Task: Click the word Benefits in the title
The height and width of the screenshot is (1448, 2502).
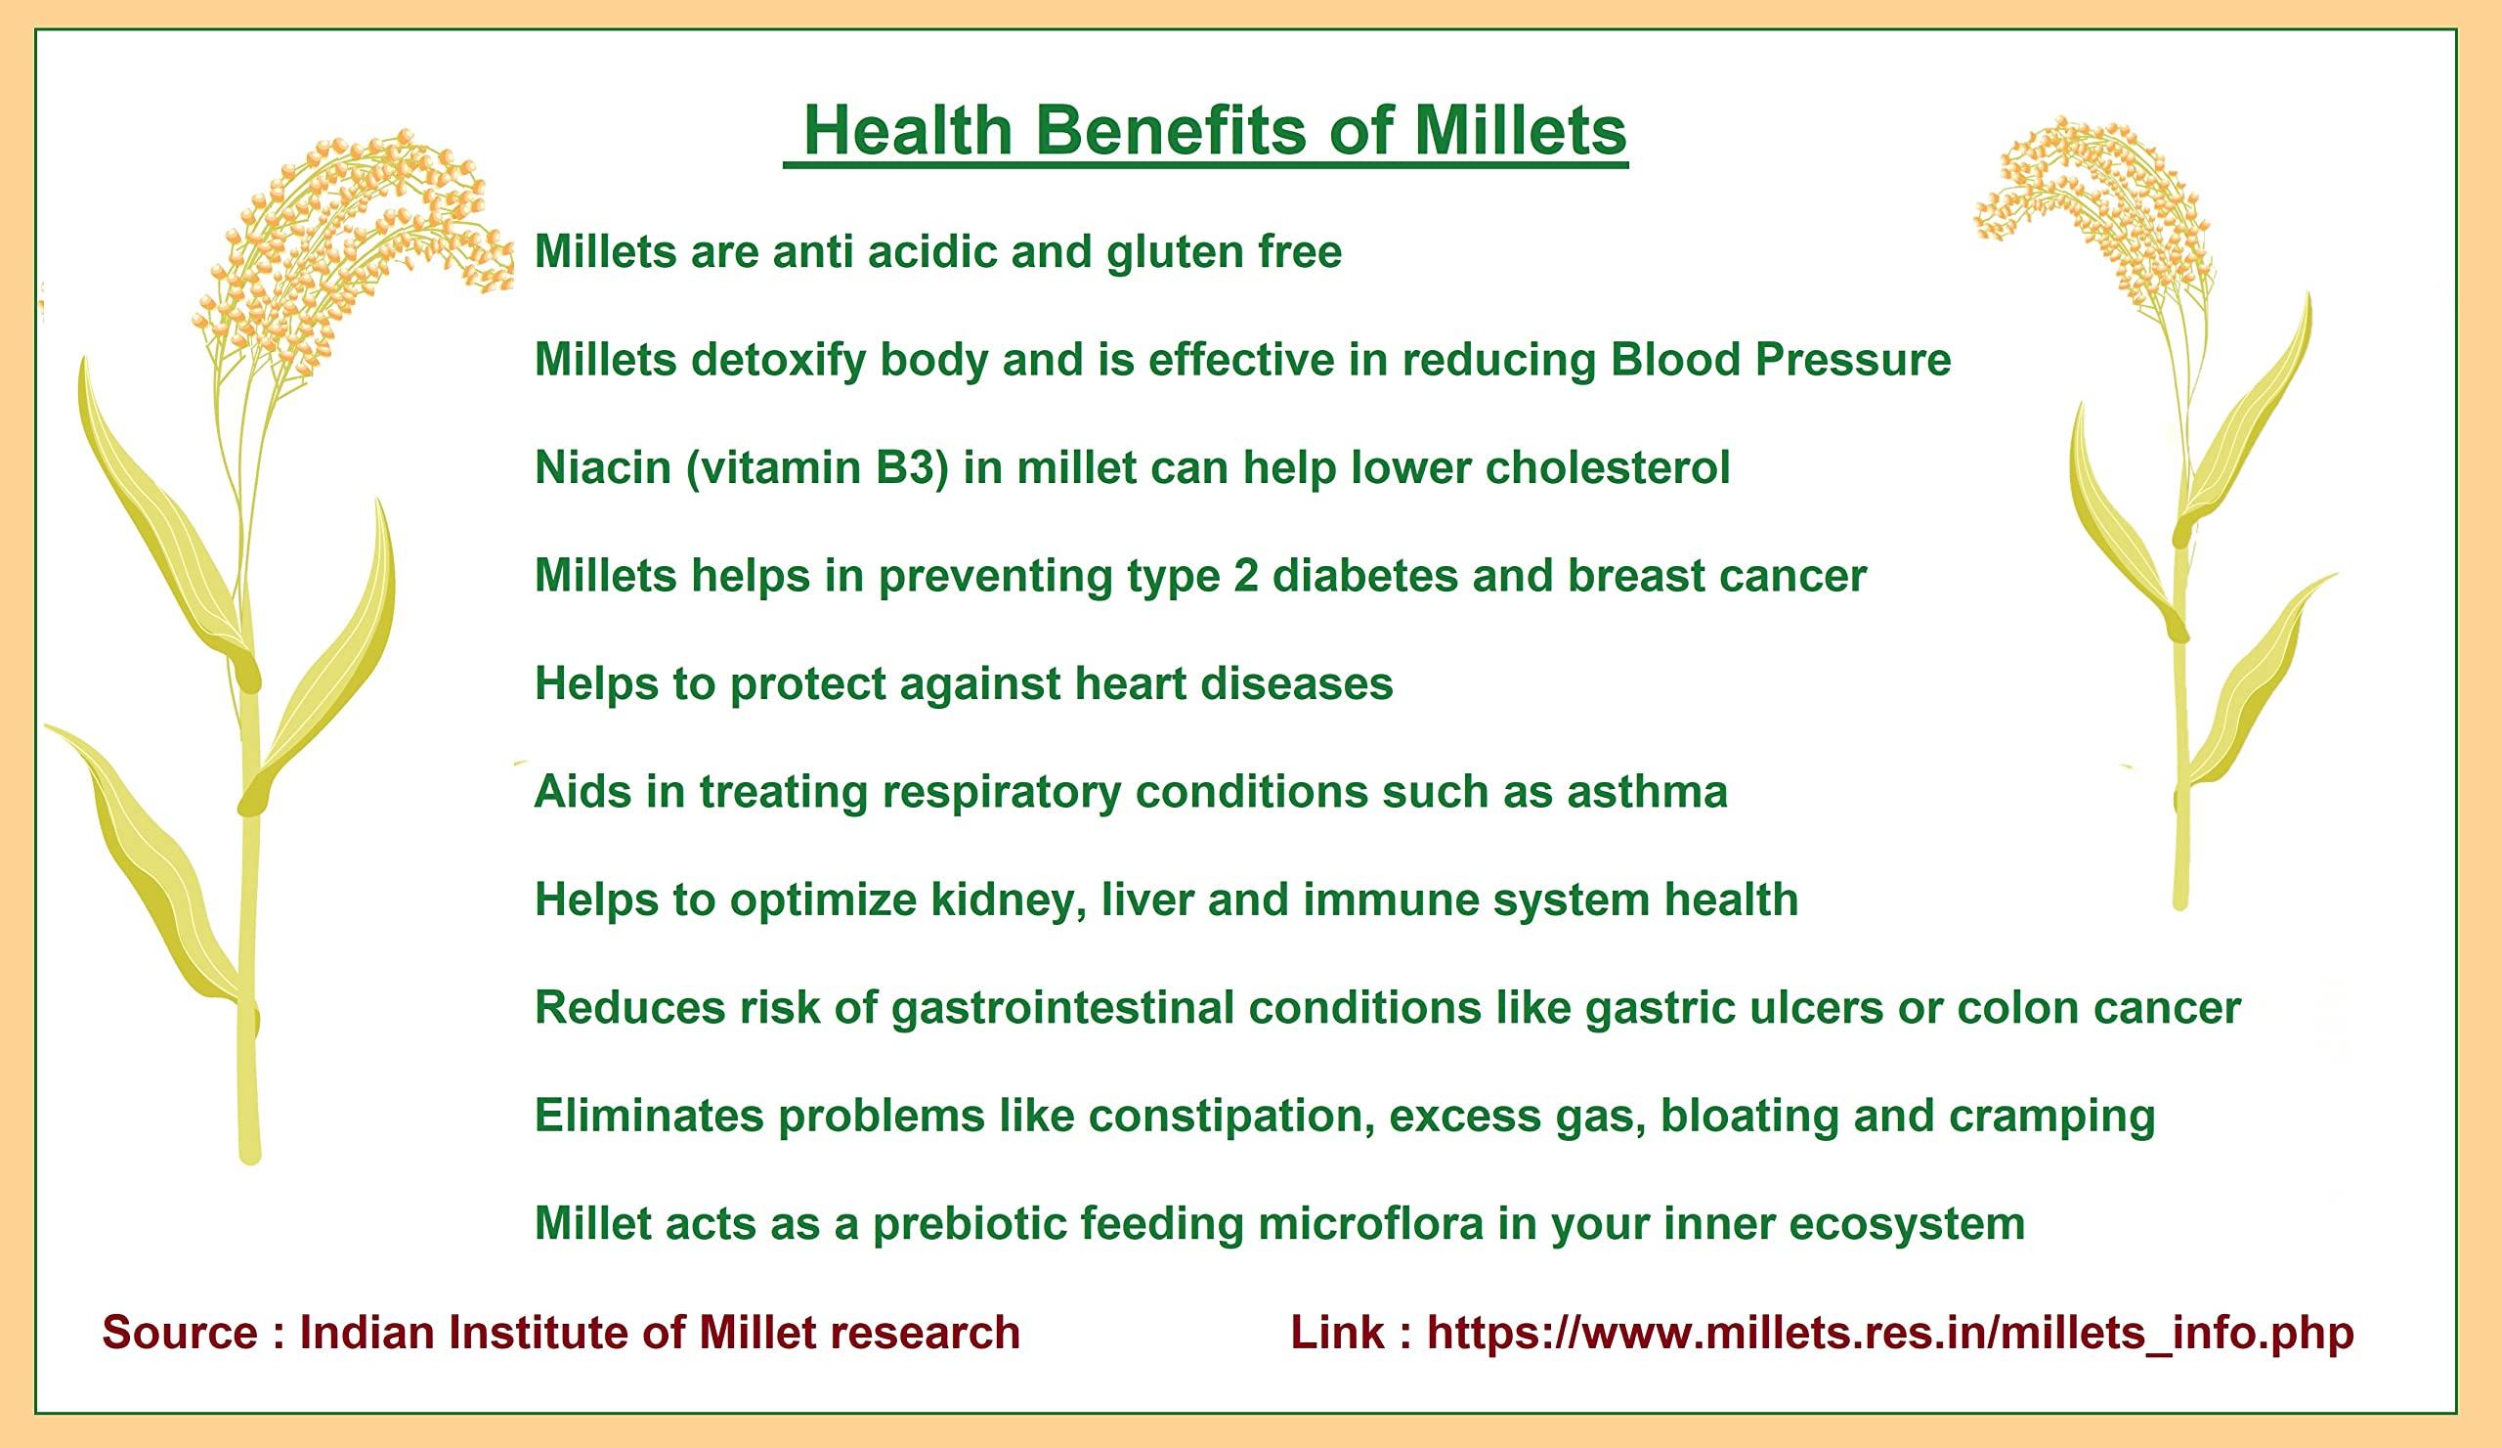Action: click(x=1172, y=130)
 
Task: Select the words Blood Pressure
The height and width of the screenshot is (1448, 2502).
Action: click(x=1780, y=359)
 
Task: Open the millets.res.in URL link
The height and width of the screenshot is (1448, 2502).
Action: click(x=1890, y=1333)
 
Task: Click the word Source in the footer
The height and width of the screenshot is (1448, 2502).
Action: click(x=180, y=1333)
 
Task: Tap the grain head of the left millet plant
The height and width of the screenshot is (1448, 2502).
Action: click(x=348, y=248)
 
